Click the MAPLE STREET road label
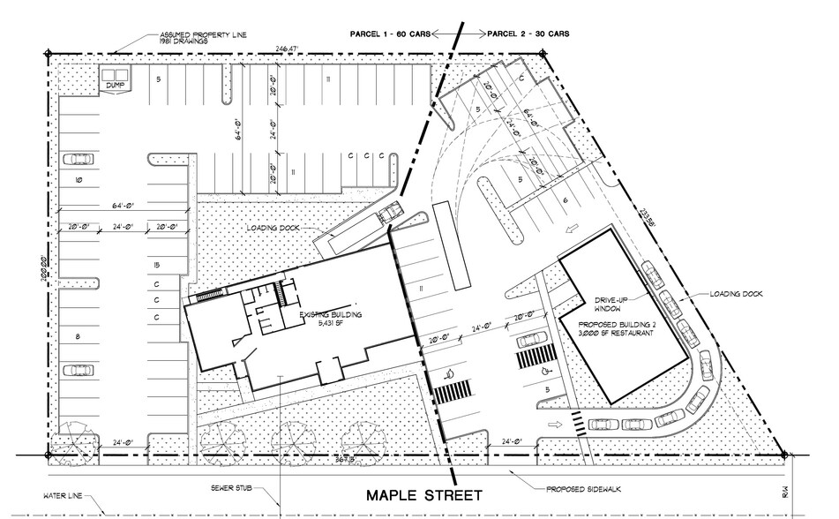424,494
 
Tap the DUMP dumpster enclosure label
112,86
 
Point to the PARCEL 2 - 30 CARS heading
528,34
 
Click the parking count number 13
154,267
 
